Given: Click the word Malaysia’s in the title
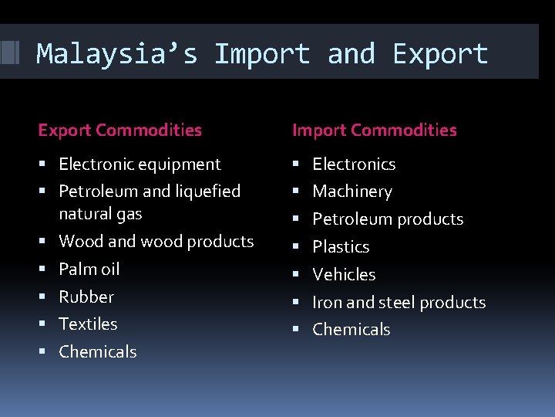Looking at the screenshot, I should pyautogui.click(x=116, y=54).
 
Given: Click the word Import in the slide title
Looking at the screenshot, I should pyautogui.click(x=262, y=54).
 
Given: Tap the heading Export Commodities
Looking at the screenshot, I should pyautogui.click(x=119, y=131).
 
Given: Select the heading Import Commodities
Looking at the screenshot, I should pyautogui.click(x=374, y=131).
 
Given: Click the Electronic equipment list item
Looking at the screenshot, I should pyautogui.click(x=140, y=164).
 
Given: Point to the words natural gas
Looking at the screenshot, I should pyautogui.click(x=100, y=213).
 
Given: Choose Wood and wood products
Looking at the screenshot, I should pyautogui.click(x=156, y=241).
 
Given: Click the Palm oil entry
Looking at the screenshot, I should pyautogui.click(x=89, y=269).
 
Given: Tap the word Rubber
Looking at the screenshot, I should pyautogui.click(x=86, y=297).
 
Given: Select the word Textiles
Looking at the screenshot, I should pyautogui.click(x=88, y=324).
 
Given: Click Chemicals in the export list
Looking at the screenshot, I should pyautogui.click(x=97, y=351).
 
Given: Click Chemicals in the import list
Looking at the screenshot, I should pyautogui.click(x=351, y=329).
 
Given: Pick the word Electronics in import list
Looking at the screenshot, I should pyautogui.click(x=353, y=164).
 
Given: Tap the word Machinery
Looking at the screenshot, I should pyautogui.click(x=351, y=191).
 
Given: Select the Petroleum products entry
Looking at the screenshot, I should pyautogui.click(x=387, y=219).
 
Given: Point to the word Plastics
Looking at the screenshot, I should pyautogui.click(x=340, y=246).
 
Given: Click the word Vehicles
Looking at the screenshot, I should pyautogui.click(x=343, y=274).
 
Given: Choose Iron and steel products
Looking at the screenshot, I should pyautogui.click(x=399, y=302).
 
